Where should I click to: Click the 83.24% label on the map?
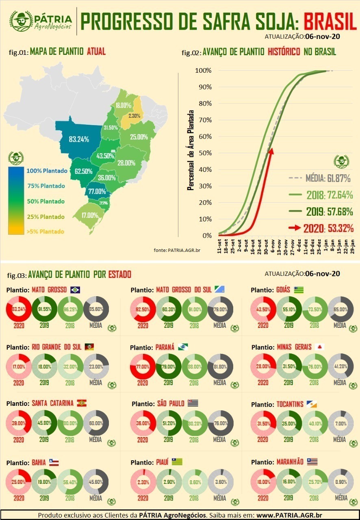pyautogui.click(x=79, y=139)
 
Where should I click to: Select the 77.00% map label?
pyautogui.click(x=97, y=191)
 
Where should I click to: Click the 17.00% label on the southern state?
pyautogui.click(x=89, y=215)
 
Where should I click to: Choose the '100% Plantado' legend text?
pyautogui.click(x=47, y=171)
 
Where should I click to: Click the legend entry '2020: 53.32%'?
pyautogui.click(x=321, y=228)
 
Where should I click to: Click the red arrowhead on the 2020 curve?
pyautogui.click(x=271, y=151)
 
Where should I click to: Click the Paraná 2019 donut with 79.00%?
pyautogui.click(x=169, y=366)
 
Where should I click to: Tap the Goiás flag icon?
pyautogui.click(x=299, y=290)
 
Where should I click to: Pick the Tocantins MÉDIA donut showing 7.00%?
pyautogui.click(x=340, y=424)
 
